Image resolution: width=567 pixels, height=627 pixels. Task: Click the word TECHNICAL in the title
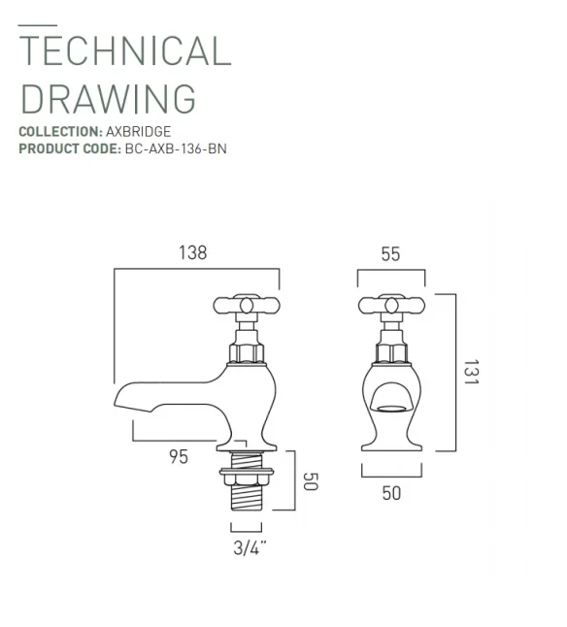[x=125, y=50]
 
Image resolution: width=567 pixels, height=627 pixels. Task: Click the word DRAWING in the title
[x=108, y=98]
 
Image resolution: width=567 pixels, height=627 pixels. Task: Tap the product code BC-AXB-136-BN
[x=175, y=148]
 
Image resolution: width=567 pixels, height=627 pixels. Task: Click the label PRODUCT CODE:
[x=69, y=148]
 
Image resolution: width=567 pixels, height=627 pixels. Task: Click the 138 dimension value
[x=191, y=253]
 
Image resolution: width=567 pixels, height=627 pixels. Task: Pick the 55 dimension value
[x=389, y=254]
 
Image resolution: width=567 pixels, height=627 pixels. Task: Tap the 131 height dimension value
[x=470, y=374]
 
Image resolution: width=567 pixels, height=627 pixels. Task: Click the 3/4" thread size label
[x=249, y=547]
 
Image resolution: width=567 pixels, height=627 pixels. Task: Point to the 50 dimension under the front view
[x=390, y=493]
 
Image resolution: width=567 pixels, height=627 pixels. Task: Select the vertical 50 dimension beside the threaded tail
[x=311, y=480]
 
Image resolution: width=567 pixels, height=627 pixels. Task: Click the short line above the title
[x=37, y=23]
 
